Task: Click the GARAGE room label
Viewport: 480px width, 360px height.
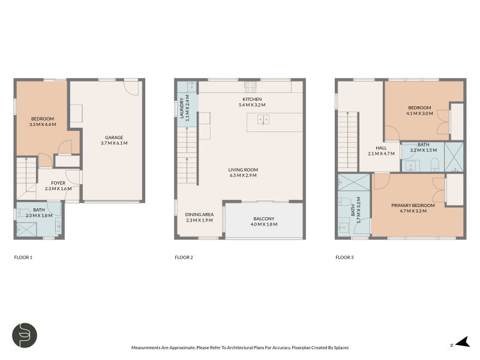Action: [x=114, y=137]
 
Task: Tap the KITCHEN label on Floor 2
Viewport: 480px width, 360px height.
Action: [x=252, y=99]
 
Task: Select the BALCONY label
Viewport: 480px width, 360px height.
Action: [x=264, y=218]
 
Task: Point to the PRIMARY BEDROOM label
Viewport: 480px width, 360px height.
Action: [x=413, y=205]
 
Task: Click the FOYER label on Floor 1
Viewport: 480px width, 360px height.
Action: [x=58, y=183]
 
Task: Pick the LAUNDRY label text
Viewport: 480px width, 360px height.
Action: [x=182, y=108]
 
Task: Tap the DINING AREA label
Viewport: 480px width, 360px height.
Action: [x=199, y=215]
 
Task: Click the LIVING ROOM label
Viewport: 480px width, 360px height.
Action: [x=243, y=170]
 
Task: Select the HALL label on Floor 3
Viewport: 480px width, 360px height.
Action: [x=381, y=148]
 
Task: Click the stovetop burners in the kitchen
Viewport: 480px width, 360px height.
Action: [x=250, y=87]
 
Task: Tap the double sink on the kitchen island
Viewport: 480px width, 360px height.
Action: [x=263, y=119]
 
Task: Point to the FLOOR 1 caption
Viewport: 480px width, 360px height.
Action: [x=23, y=257]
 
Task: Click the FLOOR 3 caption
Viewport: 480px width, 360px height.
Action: [x=344, y=257]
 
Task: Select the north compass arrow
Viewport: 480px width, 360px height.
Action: [x=463, y=342]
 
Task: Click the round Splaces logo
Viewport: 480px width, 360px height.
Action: [x=25, y=335]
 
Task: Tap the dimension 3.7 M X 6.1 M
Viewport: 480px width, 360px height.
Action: [x=114, y=143]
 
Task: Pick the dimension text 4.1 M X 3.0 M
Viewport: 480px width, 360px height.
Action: [x=419, y=113]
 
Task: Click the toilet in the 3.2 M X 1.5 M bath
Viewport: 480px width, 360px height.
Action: [x=434, y=164]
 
